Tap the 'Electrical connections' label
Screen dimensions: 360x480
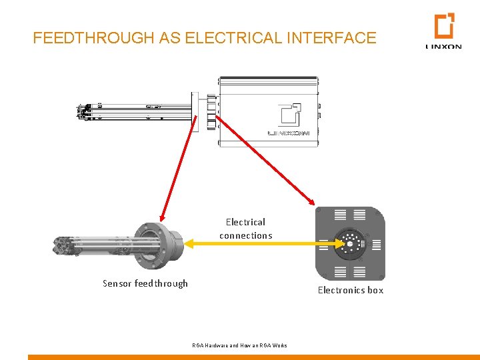[245, 229]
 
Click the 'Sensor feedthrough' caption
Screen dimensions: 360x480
[145, 283]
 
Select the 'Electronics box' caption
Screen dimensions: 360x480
[351, 290]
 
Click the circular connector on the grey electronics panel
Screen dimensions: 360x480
[349, 243]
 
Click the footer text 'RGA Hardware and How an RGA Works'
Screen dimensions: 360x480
[239, 345]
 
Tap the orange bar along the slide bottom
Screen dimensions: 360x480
[253, 357]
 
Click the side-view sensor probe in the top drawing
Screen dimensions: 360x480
[133, 111]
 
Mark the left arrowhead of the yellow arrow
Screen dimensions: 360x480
[188, 244]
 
